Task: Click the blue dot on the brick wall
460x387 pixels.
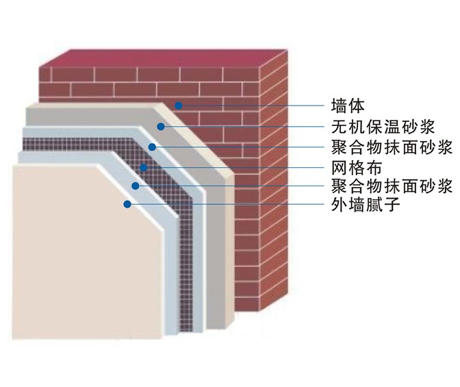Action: [x=178, y=105]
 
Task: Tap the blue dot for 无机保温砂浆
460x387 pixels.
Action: [x=160, y=126]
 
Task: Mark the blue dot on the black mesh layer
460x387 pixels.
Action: [x=143, y=166]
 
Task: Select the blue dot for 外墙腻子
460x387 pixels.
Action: [x=126, y=203]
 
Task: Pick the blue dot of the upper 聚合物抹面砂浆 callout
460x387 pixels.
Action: [x=152, y=147]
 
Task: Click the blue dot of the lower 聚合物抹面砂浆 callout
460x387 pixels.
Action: [x=135, y=186]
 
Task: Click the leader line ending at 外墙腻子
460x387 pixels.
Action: [x=226, y=203]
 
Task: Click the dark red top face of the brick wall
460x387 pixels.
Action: [x=164, y=56]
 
